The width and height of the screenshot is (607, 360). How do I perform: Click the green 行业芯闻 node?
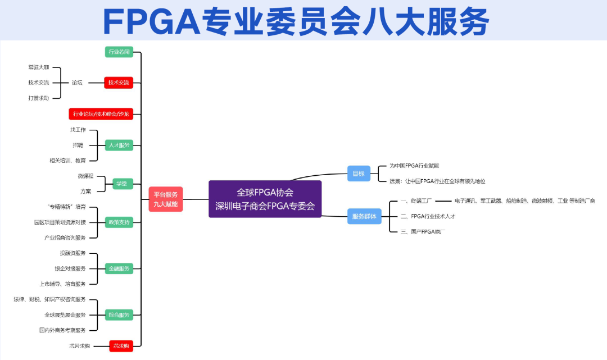tap(119, 52)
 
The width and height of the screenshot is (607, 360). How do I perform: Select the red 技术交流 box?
tap(119, 83)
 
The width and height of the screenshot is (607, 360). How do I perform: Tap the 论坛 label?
tap(77, 83)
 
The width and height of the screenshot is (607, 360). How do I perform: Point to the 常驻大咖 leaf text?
tap(39, 67)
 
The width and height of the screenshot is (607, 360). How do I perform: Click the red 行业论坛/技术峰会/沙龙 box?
tap(101, 114)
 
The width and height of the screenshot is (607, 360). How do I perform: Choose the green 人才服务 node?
tap(119, 145)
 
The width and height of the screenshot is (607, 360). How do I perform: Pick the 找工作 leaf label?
tap(78, 130)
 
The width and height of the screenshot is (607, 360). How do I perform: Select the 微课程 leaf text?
tap(86, 176)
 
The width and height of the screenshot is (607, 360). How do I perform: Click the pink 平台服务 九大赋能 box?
tap(166, 199)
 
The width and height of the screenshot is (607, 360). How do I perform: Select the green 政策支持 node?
tap(119, 222)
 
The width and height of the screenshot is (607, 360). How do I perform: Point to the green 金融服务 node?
tap(119, 268)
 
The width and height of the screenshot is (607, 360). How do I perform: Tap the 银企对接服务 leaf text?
tap(70, 268)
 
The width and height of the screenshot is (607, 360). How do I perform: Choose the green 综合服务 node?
tap(119, 315)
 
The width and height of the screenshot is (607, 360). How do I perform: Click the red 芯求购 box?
tap(120, 346)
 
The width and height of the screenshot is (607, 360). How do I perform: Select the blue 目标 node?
tap(359, 174)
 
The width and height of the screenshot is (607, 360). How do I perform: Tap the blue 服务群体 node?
tap(364, 216)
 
